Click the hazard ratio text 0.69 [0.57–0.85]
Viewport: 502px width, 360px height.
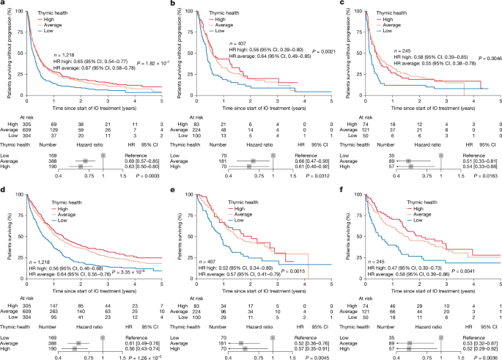click(142, 160)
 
